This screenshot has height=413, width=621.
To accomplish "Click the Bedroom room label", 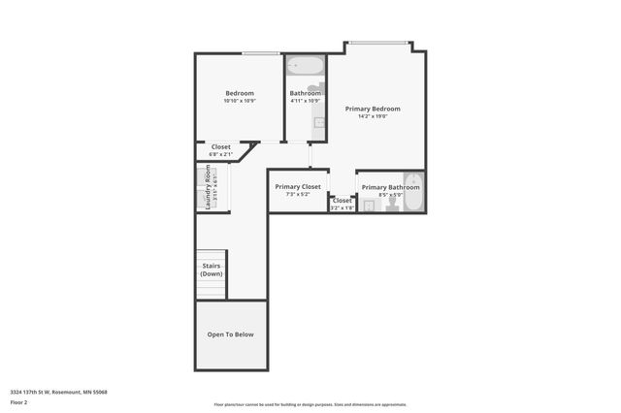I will (239, 93).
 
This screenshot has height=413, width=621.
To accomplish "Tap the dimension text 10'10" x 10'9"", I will (239, 101).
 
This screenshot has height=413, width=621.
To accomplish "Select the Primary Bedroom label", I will (373, 109).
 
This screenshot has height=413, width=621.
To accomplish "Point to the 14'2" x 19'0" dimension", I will (373, 116).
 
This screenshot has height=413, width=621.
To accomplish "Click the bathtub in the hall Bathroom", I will (306, 68).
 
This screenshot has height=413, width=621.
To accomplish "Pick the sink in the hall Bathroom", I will (317, 122).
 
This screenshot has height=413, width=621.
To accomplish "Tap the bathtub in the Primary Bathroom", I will (412, 192).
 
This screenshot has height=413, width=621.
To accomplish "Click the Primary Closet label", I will (298, 186).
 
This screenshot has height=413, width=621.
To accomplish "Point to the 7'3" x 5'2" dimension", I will (298, 194).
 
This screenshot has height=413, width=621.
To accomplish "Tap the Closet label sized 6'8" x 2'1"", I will (221, 146).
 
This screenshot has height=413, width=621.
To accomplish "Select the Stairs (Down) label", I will (212, 269).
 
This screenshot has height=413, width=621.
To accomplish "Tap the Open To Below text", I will (231, 334).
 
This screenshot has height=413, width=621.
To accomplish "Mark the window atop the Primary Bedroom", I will (378, 42).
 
